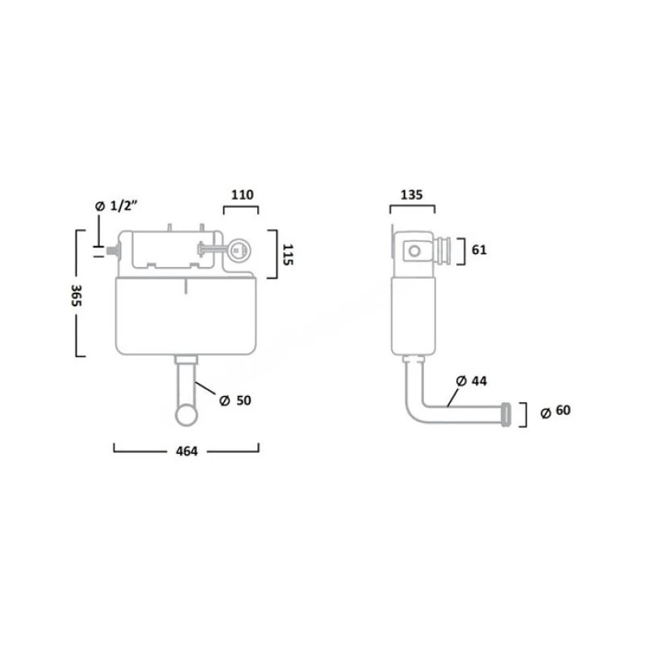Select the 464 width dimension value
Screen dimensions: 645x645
point(186,451)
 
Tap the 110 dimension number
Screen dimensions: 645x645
point(241,194)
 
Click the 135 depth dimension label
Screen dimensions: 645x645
point(412,194)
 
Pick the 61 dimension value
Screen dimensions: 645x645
point(479,250)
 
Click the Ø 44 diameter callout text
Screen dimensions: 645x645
point(471,380)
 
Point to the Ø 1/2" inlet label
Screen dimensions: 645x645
point(118,207)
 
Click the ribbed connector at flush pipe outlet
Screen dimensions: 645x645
point(506,411)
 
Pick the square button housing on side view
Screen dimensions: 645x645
point(414,251)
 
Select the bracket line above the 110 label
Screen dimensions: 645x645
point(241,208)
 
